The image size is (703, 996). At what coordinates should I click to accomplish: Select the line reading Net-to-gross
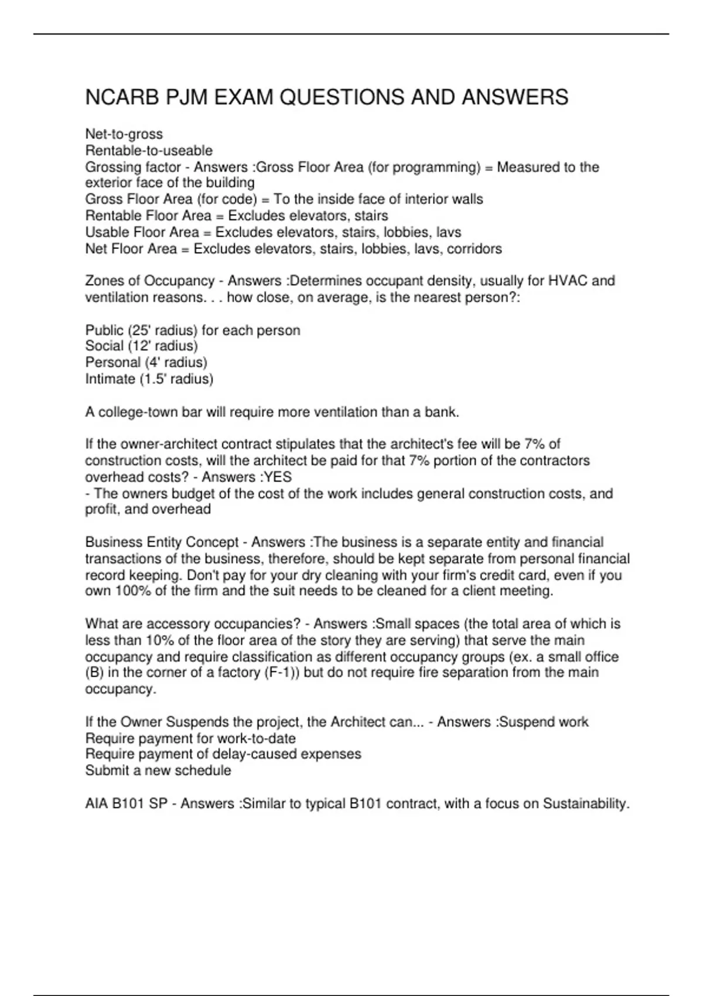pos(124,134)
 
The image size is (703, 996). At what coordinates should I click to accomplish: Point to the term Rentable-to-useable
pos(149,151)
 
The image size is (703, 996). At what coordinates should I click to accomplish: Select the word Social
pos(104,346)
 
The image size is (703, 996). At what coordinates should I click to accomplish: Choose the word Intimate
pos(110,379)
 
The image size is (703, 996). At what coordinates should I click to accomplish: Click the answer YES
pos(278,477)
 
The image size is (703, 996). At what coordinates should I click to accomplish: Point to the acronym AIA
pos(97,804)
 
